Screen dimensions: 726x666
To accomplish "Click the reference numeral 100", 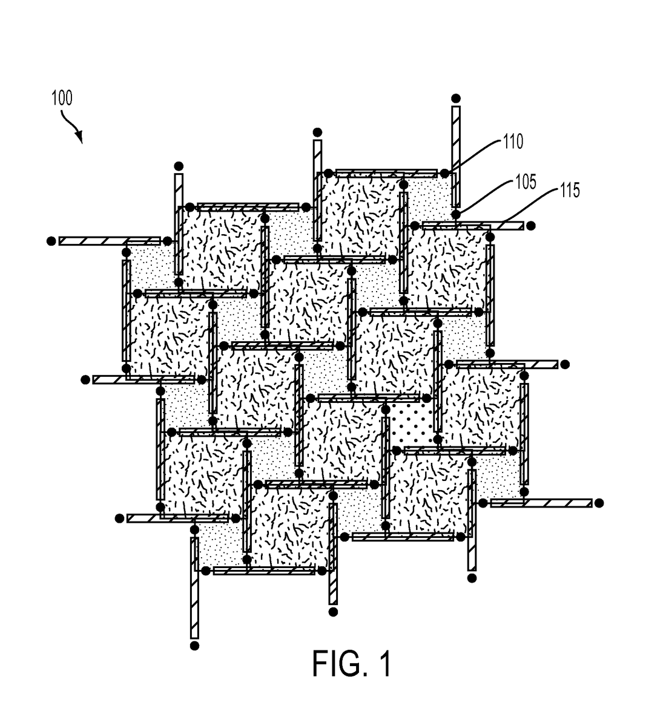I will (62, 98).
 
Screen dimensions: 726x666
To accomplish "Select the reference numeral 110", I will (512, 142).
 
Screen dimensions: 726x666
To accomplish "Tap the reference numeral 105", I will (526, 181).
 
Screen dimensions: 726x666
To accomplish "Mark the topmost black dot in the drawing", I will (456, 98).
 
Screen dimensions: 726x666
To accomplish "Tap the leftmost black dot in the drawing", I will (51, 241).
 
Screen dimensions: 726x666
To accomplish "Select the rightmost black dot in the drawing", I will (599, 503).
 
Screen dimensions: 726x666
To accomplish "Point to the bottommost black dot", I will (195, 646).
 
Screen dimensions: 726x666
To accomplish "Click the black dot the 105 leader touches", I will (456, 214).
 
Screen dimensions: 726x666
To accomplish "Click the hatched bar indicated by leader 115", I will (472, 226).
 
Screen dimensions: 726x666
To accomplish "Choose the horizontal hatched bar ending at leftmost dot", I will (110, 241).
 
